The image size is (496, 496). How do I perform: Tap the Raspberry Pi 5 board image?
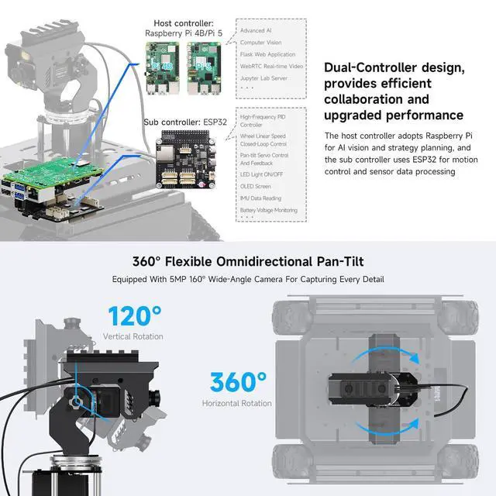coord(203,67)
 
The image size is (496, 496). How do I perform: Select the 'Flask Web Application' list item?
coord(267,54)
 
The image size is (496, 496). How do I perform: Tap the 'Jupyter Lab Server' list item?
coord(264,78)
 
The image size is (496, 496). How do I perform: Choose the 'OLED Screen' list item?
coord(256,186)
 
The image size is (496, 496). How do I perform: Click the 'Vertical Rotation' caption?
coord(133,337)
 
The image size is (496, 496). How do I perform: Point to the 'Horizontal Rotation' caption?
coord(237,403)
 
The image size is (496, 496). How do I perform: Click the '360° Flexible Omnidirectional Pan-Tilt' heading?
coord(247,262)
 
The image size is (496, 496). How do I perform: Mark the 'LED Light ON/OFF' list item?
coord(262,174)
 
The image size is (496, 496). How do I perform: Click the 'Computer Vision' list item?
coord(261,42)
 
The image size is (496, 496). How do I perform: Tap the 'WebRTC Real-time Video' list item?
coord(270,66)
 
